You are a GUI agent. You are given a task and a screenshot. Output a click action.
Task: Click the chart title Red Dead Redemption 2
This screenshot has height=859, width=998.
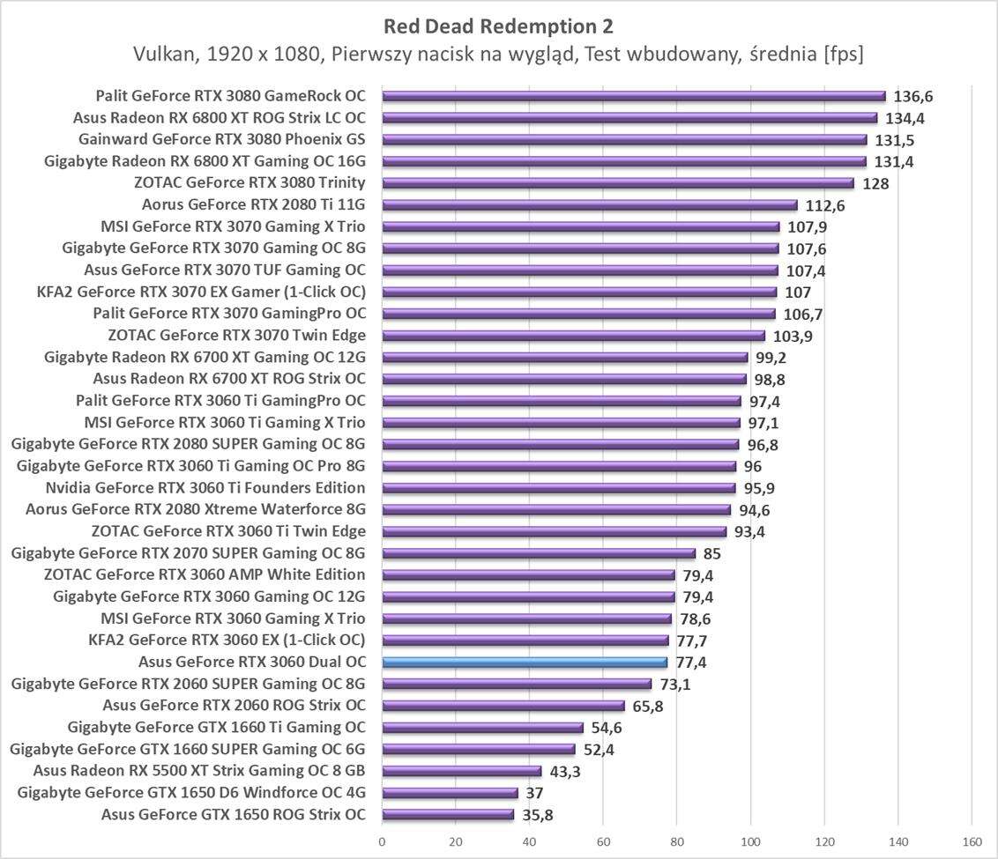click(x=498, y=25)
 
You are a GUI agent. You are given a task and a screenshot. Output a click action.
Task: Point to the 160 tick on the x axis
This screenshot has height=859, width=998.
click(x=972, y=842)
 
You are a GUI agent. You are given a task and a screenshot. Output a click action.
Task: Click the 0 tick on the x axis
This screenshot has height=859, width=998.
click(x=382, y=842)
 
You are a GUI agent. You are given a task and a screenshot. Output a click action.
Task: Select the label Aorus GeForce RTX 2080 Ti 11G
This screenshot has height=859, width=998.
click(x=253, y=205)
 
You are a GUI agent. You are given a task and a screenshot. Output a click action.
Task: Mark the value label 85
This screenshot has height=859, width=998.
click(x=712, y=554)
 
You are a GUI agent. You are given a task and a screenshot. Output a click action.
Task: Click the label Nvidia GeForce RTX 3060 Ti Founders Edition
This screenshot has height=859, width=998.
click(x=205, y=488)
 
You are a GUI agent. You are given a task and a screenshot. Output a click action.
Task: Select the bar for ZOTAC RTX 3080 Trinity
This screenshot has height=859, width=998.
click(x=617, y=183)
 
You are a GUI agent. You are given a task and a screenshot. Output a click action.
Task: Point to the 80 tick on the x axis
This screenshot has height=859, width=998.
click(x=677, y=842)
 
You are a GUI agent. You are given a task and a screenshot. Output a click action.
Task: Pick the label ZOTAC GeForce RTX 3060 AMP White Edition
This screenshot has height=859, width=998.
click(x=205, y=575)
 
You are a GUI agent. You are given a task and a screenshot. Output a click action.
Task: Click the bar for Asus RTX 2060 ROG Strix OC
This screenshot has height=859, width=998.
click(x=503, y=706)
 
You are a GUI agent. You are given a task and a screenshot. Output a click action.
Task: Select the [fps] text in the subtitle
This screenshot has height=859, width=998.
click(x=843, y=55)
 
